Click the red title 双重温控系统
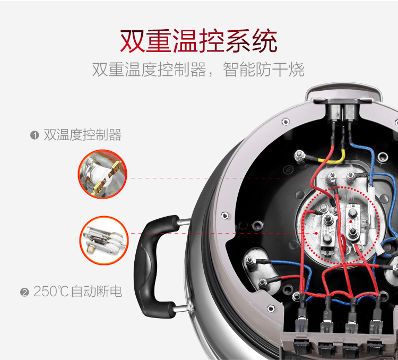click(198, 41)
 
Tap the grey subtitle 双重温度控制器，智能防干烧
click(198, 70)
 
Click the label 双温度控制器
click(82, 135)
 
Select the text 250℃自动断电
click(77, 292)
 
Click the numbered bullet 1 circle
click(34, 135)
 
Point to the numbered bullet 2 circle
click(24, 292)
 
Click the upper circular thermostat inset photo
click(102, 174)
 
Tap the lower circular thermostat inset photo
click(104, 241)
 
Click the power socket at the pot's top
click(342, 111)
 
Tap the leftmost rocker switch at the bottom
click(302, 346)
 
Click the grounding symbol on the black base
click(288, 169)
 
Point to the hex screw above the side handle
click(224, 216)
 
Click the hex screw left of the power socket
click(285, 122)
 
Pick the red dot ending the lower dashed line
click(316, 233)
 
